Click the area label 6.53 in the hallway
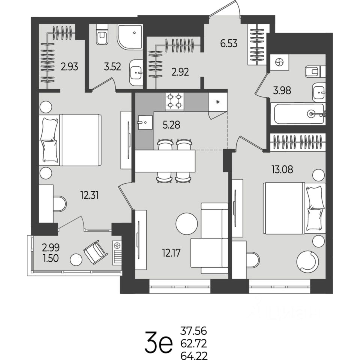229,43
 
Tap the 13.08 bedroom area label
282,169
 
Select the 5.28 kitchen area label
171,125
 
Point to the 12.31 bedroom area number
89,196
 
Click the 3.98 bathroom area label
282,90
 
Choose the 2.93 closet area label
69,67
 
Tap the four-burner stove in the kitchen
174,101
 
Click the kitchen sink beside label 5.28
144,122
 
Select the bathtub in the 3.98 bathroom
298,114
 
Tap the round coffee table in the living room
186,223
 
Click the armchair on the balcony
96,252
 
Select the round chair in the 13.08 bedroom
307,261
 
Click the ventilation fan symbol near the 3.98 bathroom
279,62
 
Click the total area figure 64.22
194,356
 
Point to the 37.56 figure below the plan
193,331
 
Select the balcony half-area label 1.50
51,258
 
